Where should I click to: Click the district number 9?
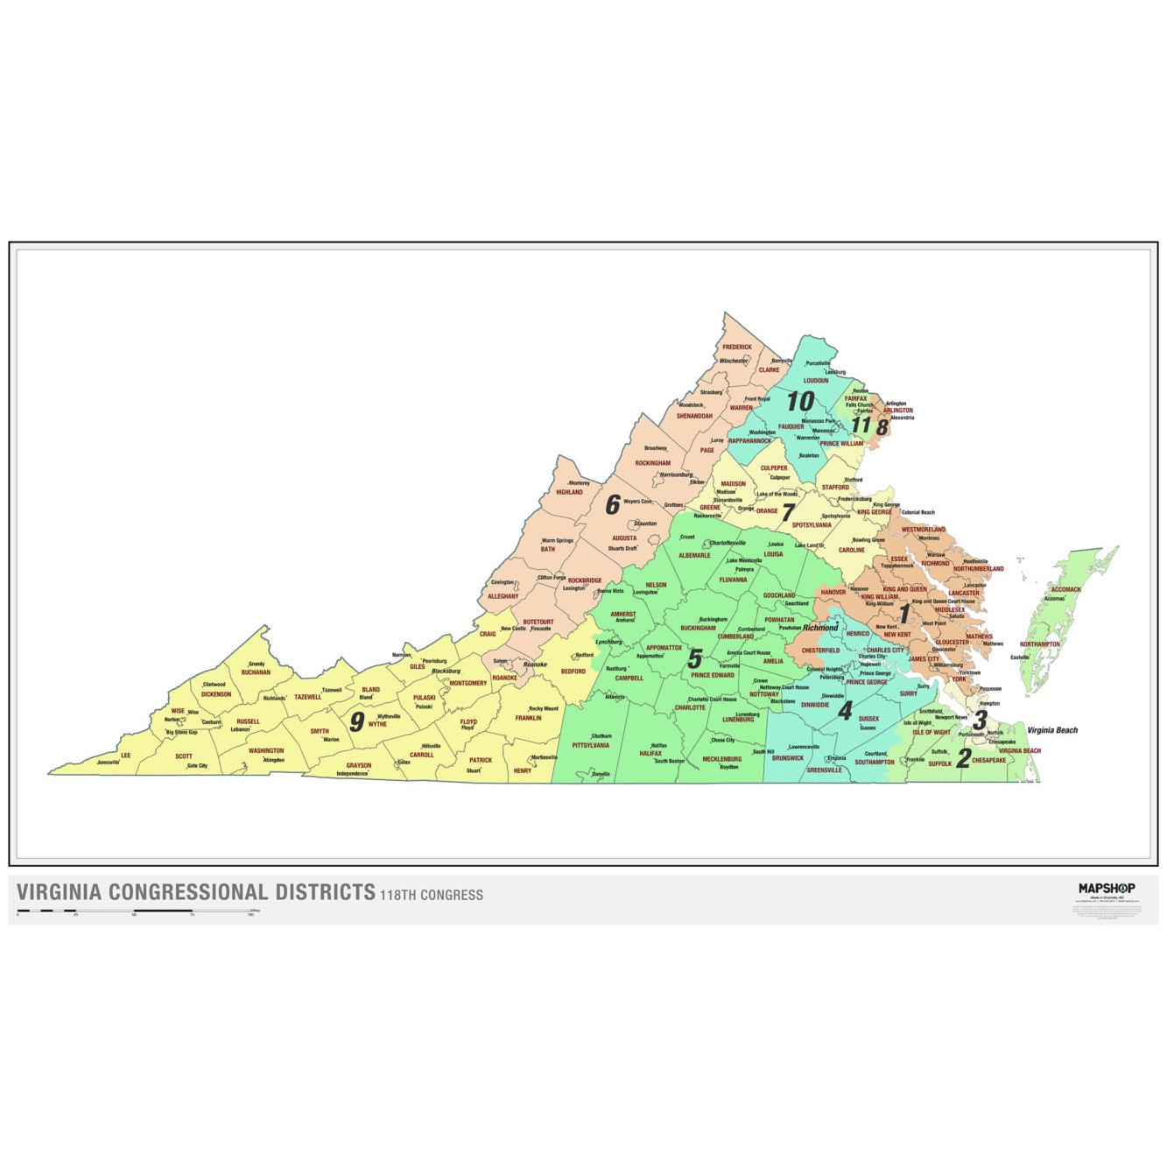pyautogui.click(x=357, y=721)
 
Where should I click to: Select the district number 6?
pyautogui.click(x=613, y=505)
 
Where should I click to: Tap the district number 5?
pyautogui.click(x=694, y=658)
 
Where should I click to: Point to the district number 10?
pyautogui.click(x=799, y=402)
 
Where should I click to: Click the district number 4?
pyautogui.click(x=845, y=711)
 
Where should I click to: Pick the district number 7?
pyautogui.click(x=788, y=512)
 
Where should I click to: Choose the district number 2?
pyautogui.click(x=964, y=759)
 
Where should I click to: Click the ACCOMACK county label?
pyautogui.click(x=1066, y=589)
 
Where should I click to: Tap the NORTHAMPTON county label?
pyautogui.click(x=1040, y=644)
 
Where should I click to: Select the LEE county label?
pyautogui.click(x=125, y=755)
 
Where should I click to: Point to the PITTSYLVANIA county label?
pyautogui.click(x=590, y=745)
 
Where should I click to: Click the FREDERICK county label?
pyautogui.click(x=737, y=347)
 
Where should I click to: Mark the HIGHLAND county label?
pyautogui.click(x=569, y=492)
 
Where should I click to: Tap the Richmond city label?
pyautogui.click(x=820, y=628)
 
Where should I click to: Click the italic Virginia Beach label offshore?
pyautogui.click(x=1052, y=730)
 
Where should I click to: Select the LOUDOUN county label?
pyautogui.click(x=815, y=381)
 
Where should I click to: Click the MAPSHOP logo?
pyautogui.click(x=1107, y=888)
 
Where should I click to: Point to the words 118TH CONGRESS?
pyautogui.click(x=431, y=895)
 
